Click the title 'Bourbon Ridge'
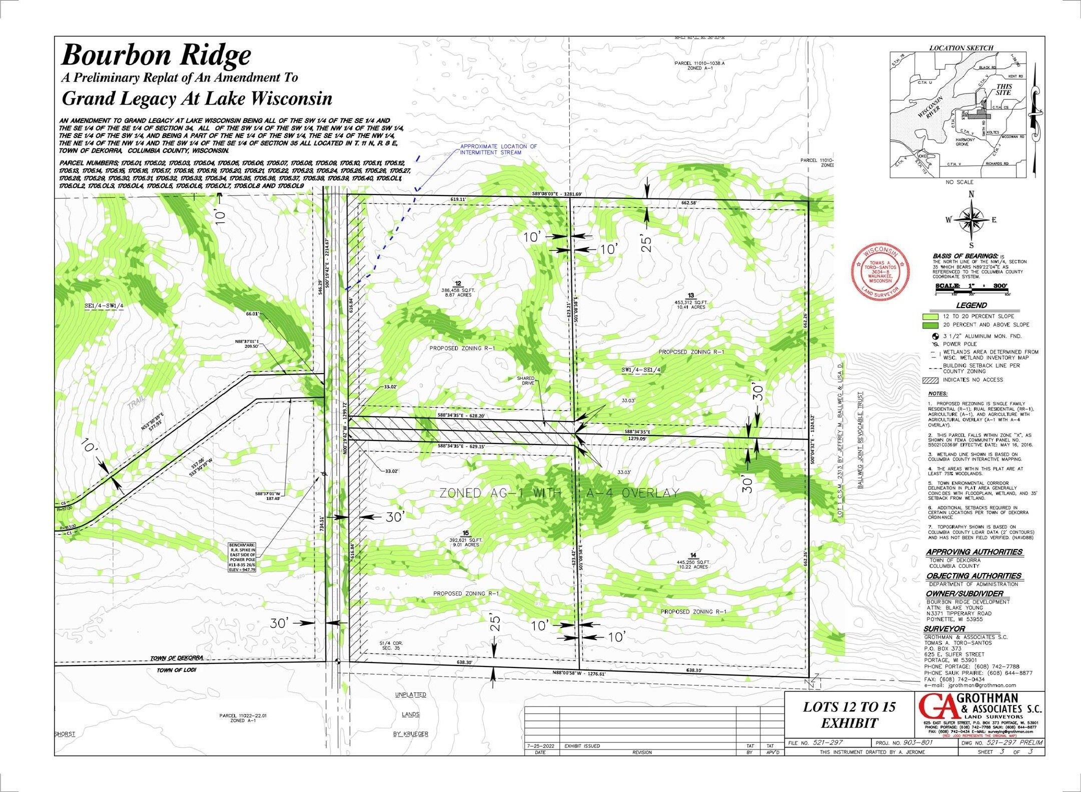(156, 55)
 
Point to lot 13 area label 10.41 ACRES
(690, 307)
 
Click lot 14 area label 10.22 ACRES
(693, 567)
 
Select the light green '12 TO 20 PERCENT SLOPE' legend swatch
(930, 316)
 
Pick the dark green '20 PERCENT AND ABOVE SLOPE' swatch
(930, 325)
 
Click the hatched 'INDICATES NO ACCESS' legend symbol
(930, 379)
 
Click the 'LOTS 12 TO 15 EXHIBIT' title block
(849, 714)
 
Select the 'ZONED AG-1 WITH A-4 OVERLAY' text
(559, 493)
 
